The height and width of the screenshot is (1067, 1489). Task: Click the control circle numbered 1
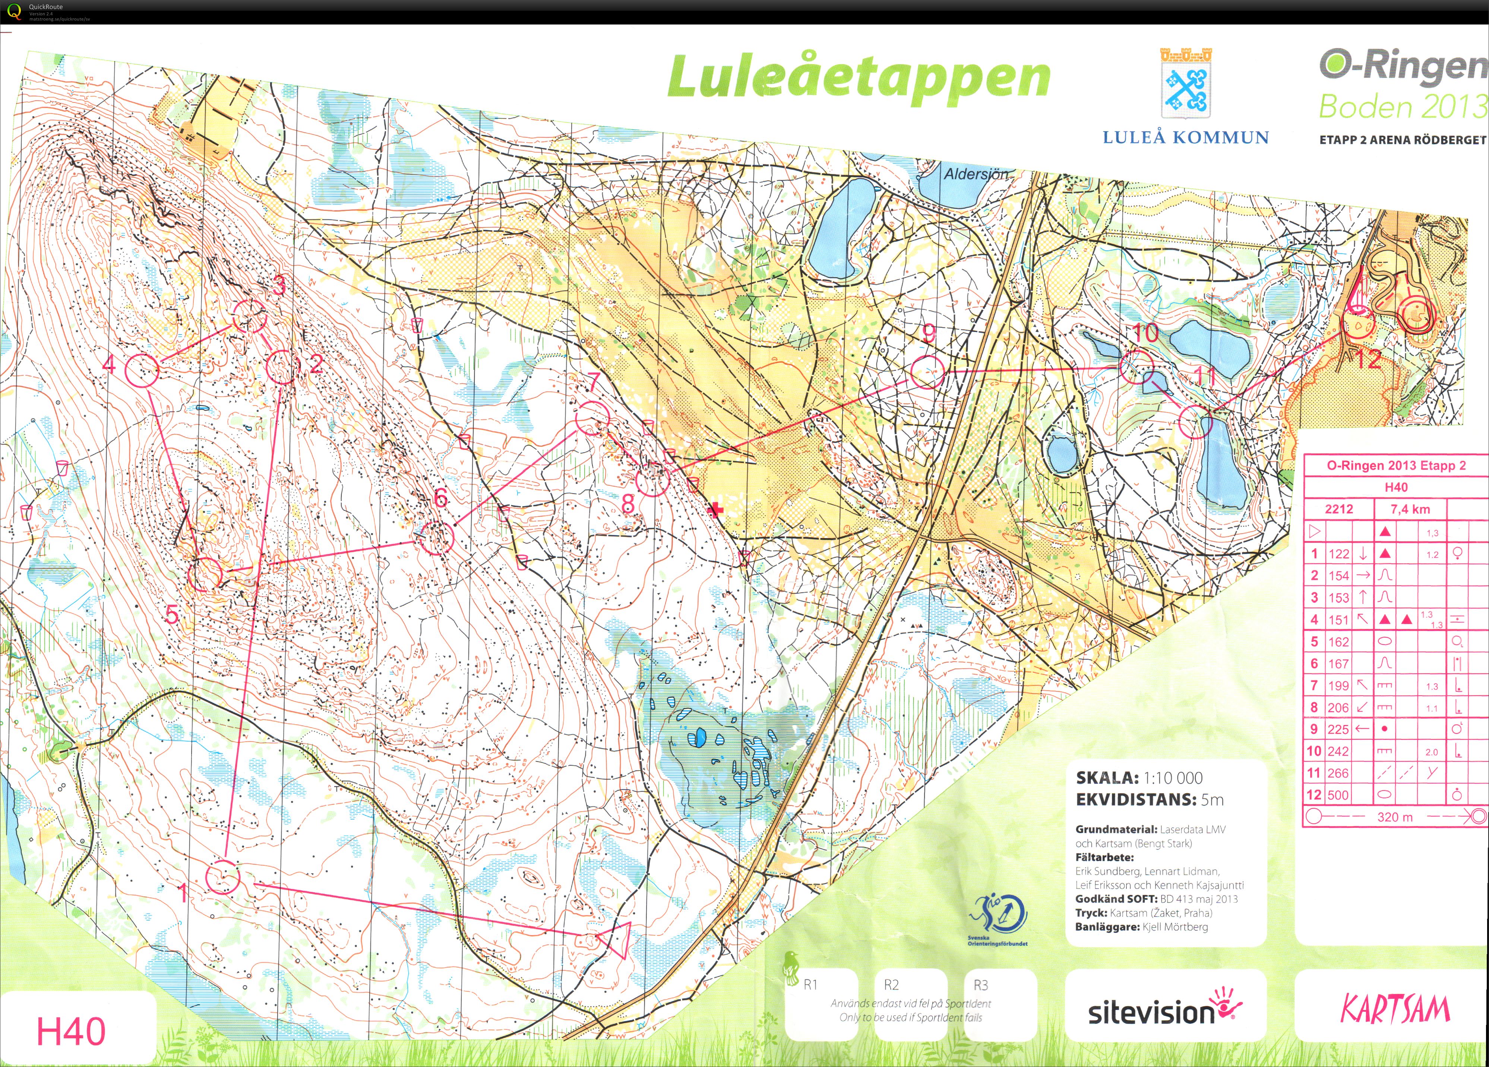point(222,877)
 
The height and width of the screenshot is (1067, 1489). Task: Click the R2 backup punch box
point(891,985)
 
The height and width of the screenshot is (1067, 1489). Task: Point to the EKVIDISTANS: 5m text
point(1150,800)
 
